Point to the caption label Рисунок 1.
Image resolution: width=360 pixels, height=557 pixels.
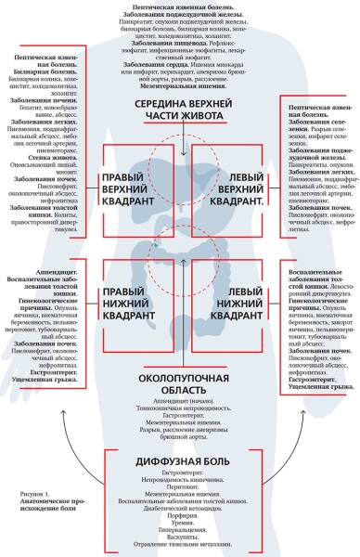[33, 496]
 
